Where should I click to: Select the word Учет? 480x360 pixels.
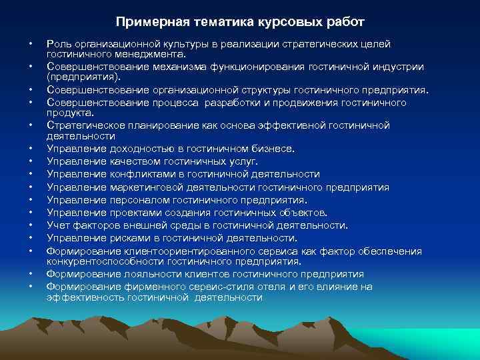57,225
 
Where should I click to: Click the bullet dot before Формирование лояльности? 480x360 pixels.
31,274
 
